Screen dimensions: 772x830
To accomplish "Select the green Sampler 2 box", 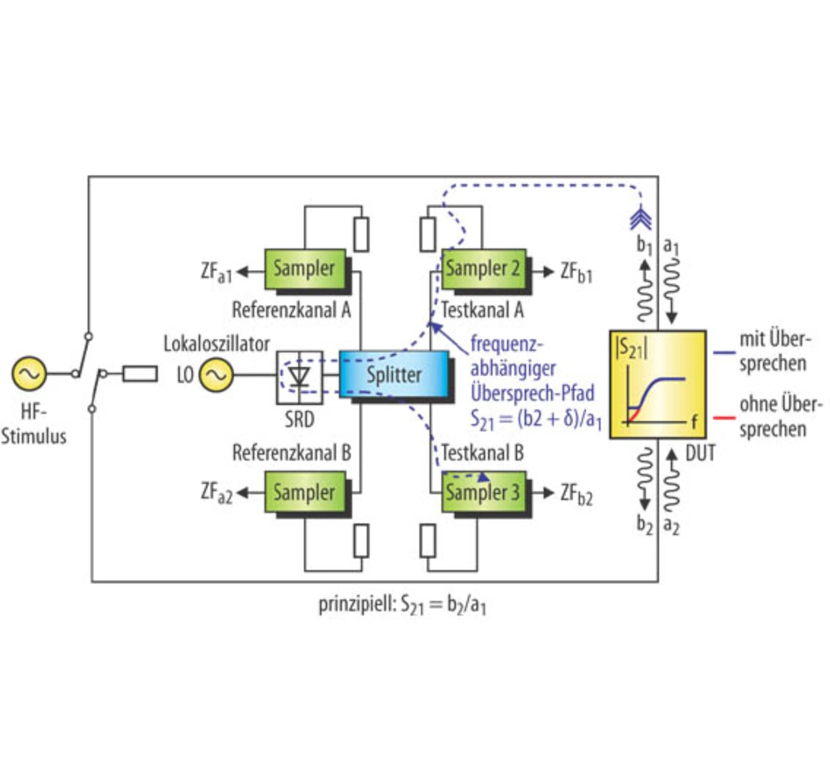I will tap(483, 269).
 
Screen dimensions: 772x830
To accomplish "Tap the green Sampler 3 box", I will tap(483, 492).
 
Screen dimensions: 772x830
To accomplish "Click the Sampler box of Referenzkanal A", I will tap(304, 269).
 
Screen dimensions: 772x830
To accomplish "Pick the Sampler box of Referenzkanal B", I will tap(304, 492).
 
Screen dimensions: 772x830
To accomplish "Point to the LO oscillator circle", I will tap(216, 374).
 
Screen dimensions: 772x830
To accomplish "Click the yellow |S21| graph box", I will tap(658, 384).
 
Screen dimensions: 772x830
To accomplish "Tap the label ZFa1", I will tap(216, 272).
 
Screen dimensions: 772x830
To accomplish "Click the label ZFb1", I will tap(576, 272).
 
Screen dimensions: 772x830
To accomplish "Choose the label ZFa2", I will tap(216, 494).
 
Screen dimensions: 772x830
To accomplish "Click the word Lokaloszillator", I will tap(217, 343).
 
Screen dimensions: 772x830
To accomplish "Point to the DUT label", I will tap(700, 453).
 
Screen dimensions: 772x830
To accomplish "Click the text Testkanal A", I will tap(482, 310).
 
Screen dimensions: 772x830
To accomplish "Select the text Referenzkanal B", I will tap(292, 453).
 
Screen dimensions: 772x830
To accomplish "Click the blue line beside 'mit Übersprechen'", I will tap(724, 353).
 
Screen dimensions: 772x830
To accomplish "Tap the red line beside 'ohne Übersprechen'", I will tap(724, 418).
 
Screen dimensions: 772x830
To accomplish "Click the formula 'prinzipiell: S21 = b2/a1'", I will tap(403, 605).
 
